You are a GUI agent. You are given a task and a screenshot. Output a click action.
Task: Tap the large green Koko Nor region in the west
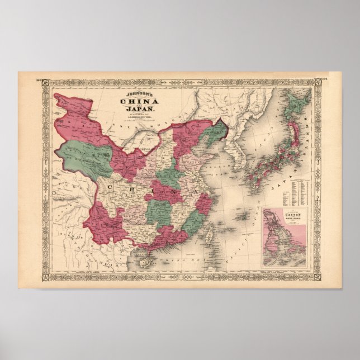(84, 156)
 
